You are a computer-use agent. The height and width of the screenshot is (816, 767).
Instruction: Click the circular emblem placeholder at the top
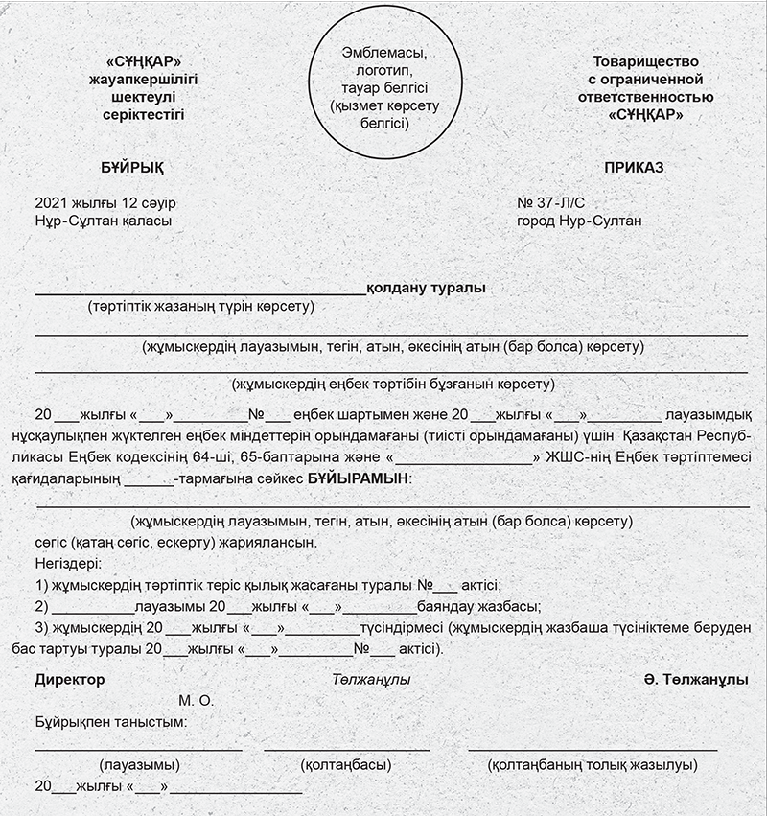383,87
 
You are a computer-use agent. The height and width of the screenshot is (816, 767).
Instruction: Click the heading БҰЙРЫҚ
132,167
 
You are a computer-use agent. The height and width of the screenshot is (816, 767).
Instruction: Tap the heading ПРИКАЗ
635,167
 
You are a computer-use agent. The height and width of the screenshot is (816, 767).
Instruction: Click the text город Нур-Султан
579,221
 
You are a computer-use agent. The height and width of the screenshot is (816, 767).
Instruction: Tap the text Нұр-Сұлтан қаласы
104,221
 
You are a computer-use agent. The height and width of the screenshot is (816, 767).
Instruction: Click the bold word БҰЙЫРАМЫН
358,477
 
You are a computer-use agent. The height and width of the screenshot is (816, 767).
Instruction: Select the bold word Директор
70,679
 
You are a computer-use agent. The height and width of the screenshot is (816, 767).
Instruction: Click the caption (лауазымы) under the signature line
139,765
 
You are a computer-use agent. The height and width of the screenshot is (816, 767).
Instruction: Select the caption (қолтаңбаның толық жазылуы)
592,765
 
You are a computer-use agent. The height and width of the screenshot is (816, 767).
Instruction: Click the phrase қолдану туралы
427,288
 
